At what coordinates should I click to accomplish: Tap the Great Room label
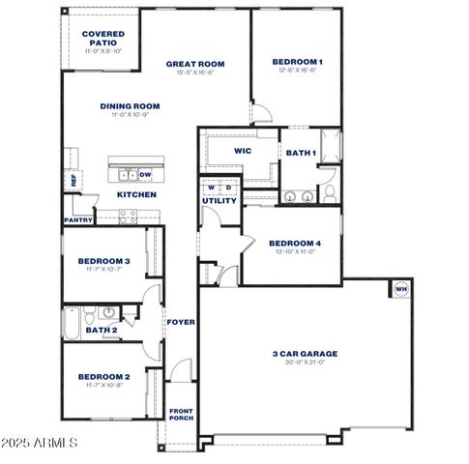(194, 64)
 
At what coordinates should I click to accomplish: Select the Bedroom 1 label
(297, 62)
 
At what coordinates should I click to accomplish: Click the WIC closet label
(244, 151)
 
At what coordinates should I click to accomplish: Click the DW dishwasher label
(145, 175)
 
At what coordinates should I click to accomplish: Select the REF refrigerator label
(73, 180)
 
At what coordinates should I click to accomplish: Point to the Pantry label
(78, 219)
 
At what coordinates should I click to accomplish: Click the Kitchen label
(136, 194)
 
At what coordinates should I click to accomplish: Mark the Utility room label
(220, 200)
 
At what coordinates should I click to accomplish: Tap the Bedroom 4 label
(295, 243)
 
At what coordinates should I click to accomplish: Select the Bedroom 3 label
(103, 261)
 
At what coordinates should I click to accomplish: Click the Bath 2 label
(101, 330)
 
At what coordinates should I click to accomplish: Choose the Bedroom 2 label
(103, 376)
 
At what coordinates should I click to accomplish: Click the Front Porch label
(182, 413)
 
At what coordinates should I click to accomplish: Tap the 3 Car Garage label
(304, 353)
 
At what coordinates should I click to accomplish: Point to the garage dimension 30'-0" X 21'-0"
(304, 362)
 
